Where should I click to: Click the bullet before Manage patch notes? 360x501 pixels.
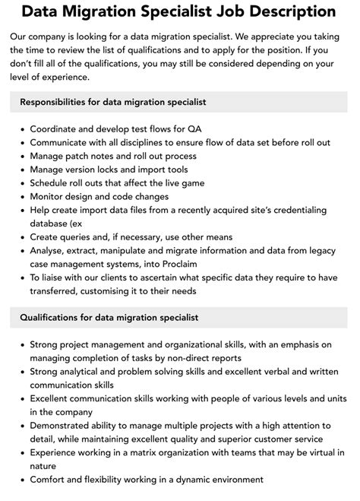tap(21, 155)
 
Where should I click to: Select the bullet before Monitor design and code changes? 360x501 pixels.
tap(21, 196)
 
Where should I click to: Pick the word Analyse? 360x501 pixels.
tap(50, 249)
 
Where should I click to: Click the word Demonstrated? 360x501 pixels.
tap(66, 425)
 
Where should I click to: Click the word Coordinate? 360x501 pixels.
tap(58, 128)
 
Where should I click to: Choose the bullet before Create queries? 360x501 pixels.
tap(21, 236)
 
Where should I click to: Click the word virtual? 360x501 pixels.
tap(317, 452)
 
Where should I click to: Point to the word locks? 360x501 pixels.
tap(122, 169)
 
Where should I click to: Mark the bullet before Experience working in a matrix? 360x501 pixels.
tap(21, 452)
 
